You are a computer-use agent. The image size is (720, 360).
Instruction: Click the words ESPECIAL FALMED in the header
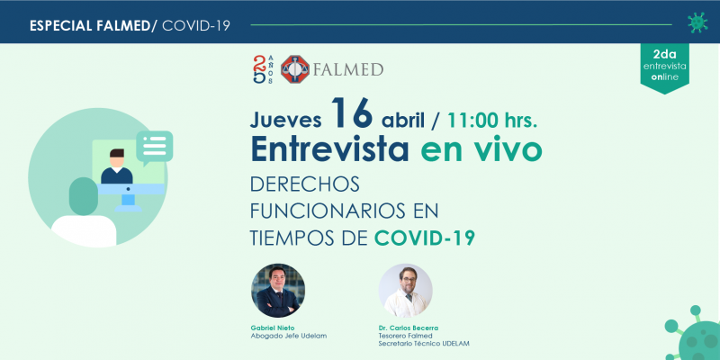point(89,26)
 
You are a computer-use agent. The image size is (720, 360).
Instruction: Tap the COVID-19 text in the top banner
point(196,26)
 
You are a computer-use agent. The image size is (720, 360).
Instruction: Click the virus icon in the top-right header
point(697,23)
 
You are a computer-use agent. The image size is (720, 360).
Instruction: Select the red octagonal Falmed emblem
point(295,69)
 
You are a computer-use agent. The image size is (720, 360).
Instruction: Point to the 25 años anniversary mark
point(263,69)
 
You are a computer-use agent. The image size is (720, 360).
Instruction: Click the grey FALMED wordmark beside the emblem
point(348,70)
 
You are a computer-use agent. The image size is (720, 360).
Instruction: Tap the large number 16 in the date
point(351,113)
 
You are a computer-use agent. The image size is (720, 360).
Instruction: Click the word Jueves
point(285,120)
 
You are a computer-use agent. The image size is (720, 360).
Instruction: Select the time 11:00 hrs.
point(492,121)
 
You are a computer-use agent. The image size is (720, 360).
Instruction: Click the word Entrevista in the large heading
point(329,149)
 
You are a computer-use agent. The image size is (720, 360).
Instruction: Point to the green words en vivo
point(481,150)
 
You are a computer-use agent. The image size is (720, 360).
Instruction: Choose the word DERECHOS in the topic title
point(305,184)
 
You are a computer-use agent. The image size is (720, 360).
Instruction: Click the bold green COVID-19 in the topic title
point(424,238)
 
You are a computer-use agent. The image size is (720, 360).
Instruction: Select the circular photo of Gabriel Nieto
point(278,291)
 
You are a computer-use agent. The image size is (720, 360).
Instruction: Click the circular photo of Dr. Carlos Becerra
point(405,291)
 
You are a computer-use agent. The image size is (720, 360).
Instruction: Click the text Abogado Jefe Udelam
point(288,336)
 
